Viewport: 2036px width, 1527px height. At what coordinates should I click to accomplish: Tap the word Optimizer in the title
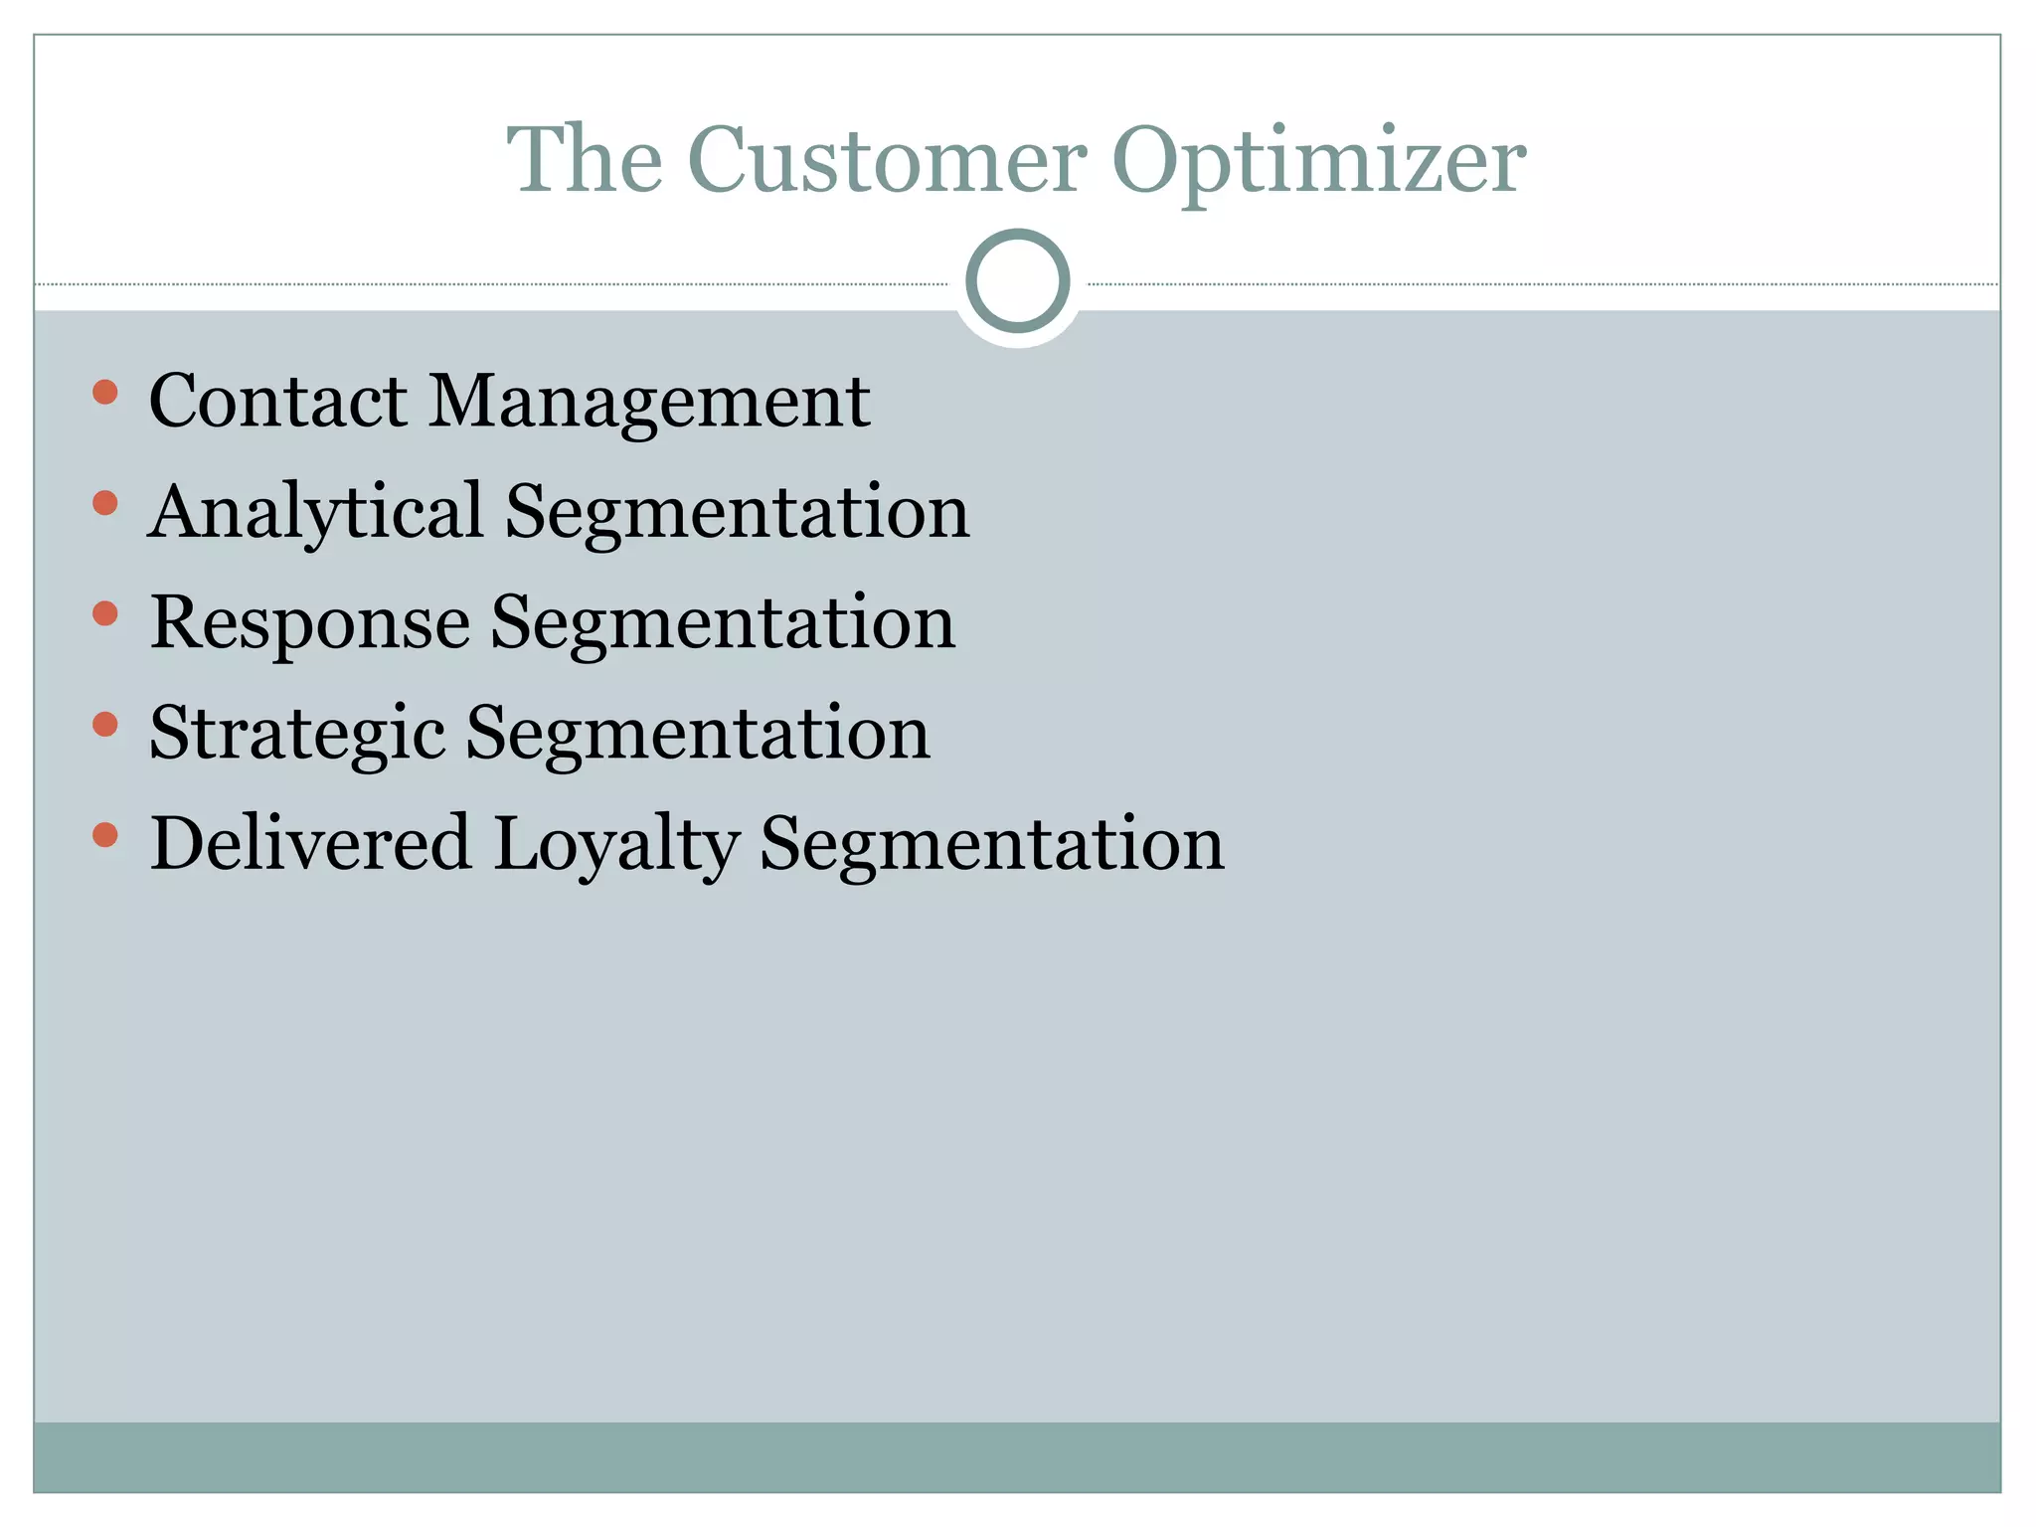pos(1318,161)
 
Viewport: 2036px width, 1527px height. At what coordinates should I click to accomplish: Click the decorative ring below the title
pos(1017,280)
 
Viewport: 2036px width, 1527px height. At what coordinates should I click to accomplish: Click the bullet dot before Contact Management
pos(104,392)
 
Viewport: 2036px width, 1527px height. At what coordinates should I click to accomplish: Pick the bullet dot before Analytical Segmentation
pos(104,503)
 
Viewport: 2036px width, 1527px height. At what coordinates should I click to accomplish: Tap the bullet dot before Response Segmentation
pos(104,613)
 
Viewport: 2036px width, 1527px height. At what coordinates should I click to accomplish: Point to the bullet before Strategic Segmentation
pos(104,724)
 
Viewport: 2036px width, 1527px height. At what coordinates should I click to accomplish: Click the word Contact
pos(278,402)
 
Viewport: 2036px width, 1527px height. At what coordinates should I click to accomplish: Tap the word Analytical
pos(316,513)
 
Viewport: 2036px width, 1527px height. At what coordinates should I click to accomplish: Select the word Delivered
pos(310,844)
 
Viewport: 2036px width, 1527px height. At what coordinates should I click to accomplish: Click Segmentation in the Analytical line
pos(737,513)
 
